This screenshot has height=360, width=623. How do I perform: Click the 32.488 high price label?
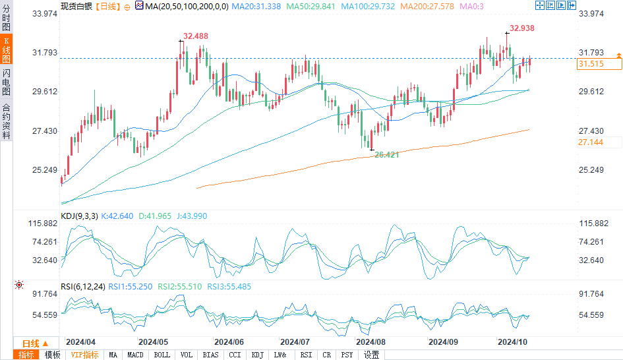pos(196,36)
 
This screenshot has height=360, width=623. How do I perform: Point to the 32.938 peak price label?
pos(521,28)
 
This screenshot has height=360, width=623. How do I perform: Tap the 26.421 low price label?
pos(387,154)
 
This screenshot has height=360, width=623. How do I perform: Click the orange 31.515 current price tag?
pos(591,64)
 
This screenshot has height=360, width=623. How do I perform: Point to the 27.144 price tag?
pos(591,142)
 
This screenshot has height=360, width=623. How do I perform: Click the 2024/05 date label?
pos(153,342)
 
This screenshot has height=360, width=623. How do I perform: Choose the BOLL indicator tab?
pos(162,355)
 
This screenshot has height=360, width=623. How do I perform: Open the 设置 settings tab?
pos(371,355)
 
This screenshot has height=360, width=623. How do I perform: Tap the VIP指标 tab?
pos(84,355)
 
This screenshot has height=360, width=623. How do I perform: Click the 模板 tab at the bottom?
pos(52,355)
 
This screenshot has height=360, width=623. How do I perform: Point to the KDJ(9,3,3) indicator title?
pos(79,216)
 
